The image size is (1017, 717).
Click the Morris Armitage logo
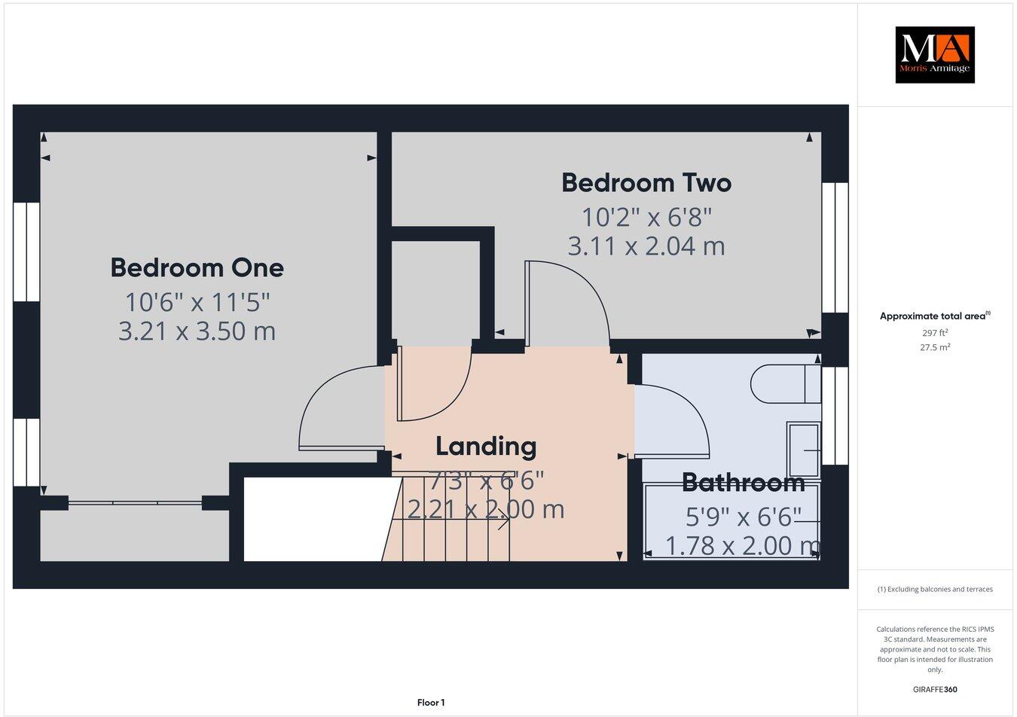pyautogui.click(x=934, y=54)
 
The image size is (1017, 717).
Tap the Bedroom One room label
pyautogui.click(x=197, y=267)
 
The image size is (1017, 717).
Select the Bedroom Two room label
pyautogui.click(x=646, y=183)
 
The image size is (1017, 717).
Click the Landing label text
pyautogui.click(x=486, y=447)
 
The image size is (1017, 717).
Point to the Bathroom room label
pyautogui.click(x=743, y=482)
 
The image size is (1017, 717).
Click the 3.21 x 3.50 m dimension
pyautogui.click(x=197, y=331)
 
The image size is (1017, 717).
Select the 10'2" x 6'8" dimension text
pyautogui.click(x=646, y=218)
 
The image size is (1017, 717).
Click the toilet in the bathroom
pyautogui.click(x=783, y=383)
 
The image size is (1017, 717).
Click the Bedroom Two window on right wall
pyautogui.click(x=835, y=248)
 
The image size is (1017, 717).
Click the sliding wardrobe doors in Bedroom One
pyautogui.click(x=135, y=500)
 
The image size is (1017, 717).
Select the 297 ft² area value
pyautogui.click(x=934, y=332)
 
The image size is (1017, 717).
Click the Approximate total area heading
pyautogui.click(x=934, y=316)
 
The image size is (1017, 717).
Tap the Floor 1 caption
pyautogui.click(x=431, y=703)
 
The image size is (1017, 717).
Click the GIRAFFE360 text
pyautogui.click(x=934, y=689)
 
